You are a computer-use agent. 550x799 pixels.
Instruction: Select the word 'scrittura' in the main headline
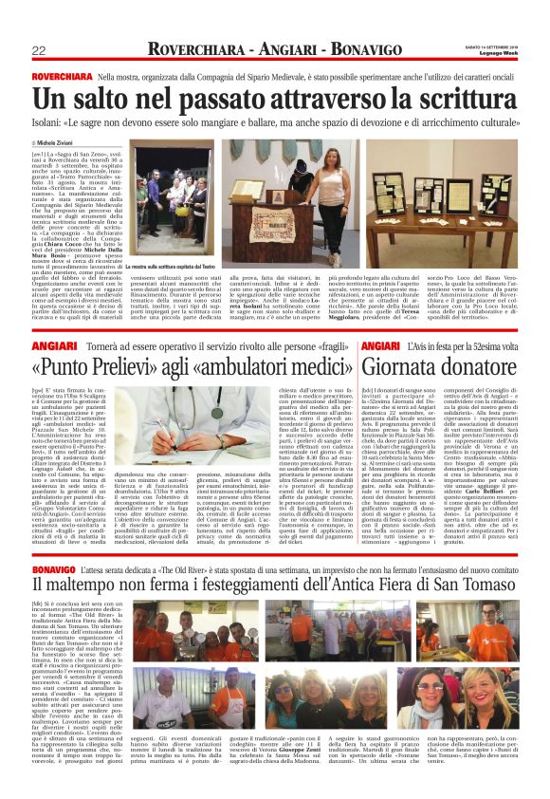pos(456,99)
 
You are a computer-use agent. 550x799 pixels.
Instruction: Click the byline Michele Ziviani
pos(61,141)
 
